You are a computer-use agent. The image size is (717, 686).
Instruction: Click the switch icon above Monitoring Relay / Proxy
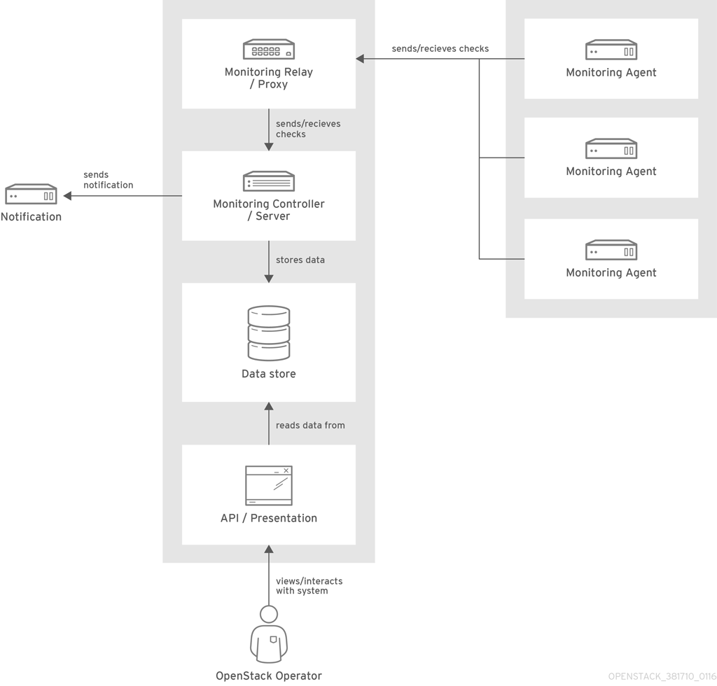269,50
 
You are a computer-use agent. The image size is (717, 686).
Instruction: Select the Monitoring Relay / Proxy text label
269,78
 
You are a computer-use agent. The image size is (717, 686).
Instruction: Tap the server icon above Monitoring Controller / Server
269,181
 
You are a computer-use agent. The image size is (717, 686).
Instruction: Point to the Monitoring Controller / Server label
269,210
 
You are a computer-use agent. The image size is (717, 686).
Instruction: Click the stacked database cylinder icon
269,333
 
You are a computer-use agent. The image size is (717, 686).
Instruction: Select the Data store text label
269,374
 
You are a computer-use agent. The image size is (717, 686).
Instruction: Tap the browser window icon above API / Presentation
269,485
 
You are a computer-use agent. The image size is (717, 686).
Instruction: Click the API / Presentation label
269,518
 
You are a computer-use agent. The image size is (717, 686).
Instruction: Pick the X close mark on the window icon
286,471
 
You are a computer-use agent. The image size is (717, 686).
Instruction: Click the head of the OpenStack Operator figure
269,615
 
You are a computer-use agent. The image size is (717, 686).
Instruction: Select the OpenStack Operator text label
269,675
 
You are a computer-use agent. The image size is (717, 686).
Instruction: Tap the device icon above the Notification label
31,195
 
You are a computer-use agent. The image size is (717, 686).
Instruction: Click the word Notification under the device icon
31,217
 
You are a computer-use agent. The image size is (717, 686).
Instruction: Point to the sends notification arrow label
108,180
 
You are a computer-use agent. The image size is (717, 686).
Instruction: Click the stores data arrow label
300,260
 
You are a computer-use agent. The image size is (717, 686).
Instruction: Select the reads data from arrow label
310,425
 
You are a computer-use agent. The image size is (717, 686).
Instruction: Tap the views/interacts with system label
309,586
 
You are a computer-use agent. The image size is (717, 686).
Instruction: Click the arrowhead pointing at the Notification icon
68,196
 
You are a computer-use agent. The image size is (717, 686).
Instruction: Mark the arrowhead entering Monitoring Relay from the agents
360,59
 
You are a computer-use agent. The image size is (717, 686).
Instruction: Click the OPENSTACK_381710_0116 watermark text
662,677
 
